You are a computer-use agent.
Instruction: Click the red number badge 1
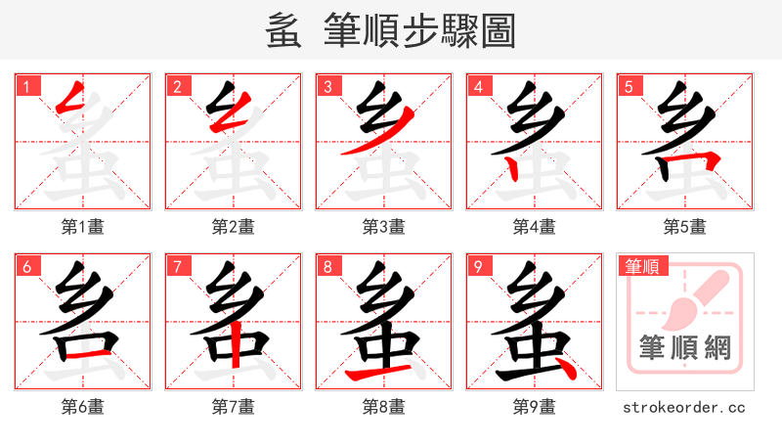[27, 87]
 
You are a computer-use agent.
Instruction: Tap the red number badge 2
[178, 87]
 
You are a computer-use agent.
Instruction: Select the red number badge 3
[328, 87]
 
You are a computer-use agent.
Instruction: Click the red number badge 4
[479, 87]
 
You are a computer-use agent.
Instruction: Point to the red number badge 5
[630, 87]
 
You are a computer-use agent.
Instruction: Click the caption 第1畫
[83, 227]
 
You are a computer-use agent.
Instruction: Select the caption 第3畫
[384, 227]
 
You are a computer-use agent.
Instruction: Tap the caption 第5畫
[685, 227]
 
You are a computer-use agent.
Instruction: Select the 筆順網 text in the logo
[685, 347]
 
